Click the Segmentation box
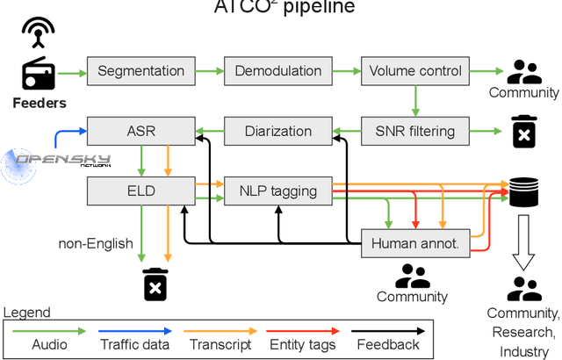click(x=141, y=71)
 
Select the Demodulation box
click(x=277, y=71)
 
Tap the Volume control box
click(x=415, y=71)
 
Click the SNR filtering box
click(x=415, y=132)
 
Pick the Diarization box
click(x=277, y=132)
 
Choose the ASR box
click(x=141, y=132)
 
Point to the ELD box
click(x=141, y=189)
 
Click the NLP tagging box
click(x=277, y=189)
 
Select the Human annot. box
click(x=415, y=243)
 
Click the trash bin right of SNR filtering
click(x=524, y=132)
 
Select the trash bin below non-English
click(x=155, y=284)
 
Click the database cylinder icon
click(x=524, y=191)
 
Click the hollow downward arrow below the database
click(x=524, y=244)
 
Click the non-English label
click(x=95, y=243)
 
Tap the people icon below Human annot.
click(x=412, y=277)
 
